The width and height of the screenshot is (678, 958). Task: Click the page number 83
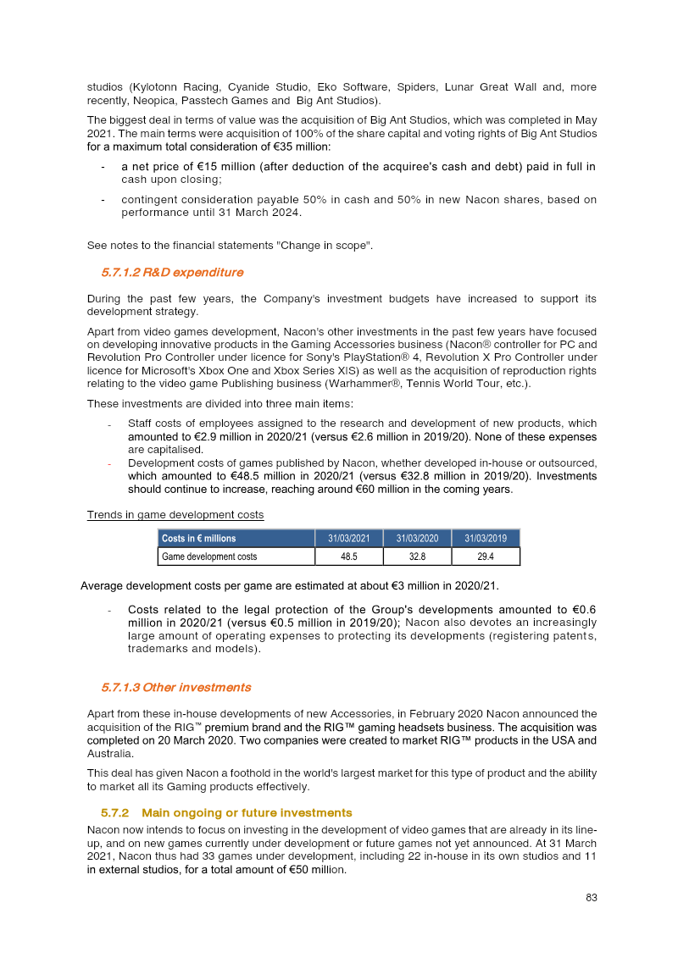(x=591, y=898)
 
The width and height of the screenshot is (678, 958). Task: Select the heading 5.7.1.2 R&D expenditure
(x=172, y=273)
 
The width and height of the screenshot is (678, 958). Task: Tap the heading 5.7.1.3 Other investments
(x=175, y=687)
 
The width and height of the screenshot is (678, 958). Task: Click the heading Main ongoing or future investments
(x=247, y=812)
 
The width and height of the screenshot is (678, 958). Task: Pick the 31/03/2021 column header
(x=348, y=539)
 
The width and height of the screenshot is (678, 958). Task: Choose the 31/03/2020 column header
(x=417, y=539)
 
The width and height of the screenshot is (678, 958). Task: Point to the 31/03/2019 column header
(x=485, y=539)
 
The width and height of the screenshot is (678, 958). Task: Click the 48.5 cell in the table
(x=348, y=557)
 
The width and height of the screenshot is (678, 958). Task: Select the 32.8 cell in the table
(x=417, y=557)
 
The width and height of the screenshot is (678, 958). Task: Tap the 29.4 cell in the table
(x=485, y=557)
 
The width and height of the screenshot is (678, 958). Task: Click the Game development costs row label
(x=209, y=557)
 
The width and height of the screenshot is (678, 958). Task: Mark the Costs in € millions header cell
(x=199, y=539)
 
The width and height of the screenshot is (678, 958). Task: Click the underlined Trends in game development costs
(x=175, y=515)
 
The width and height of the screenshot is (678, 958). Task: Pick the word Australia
(x=110, y=753)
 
